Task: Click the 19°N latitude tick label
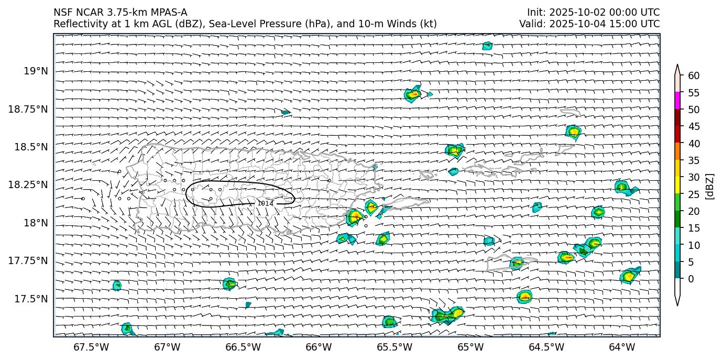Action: click(x=36, y=71)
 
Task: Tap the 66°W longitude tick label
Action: click(x=319, y=347)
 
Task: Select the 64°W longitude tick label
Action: click(x=622, y=347)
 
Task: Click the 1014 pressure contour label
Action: click(x=265, y=203)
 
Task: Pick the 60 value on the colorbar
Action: click(x=694, y=76)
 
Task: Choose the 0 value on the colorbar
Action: click(x=691, y=279)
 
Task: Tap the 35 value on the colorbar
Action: click(x=694, y=160)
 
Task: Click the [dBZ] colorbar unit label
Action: click(x=710, y=186)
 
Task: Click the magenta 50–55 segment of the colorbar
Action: click(x=677, y=101)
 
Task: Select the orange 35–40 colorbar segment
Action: click(x=677, y=151)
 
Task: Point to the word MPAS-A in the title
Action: click(x=169, y=13)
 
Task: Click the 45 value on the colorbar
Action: click(x=694, y=126)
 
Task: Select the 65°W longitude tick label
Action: click(x=470, y=347)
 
